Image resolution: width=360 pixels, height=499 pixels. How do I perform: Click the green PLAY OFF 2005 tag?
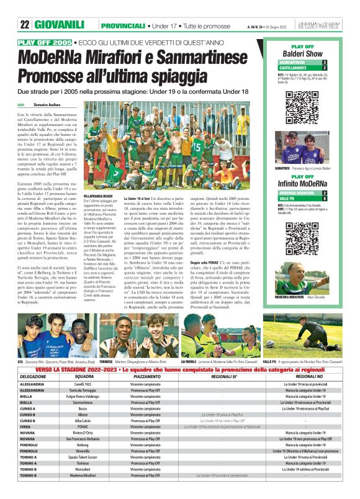point(45,42)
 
